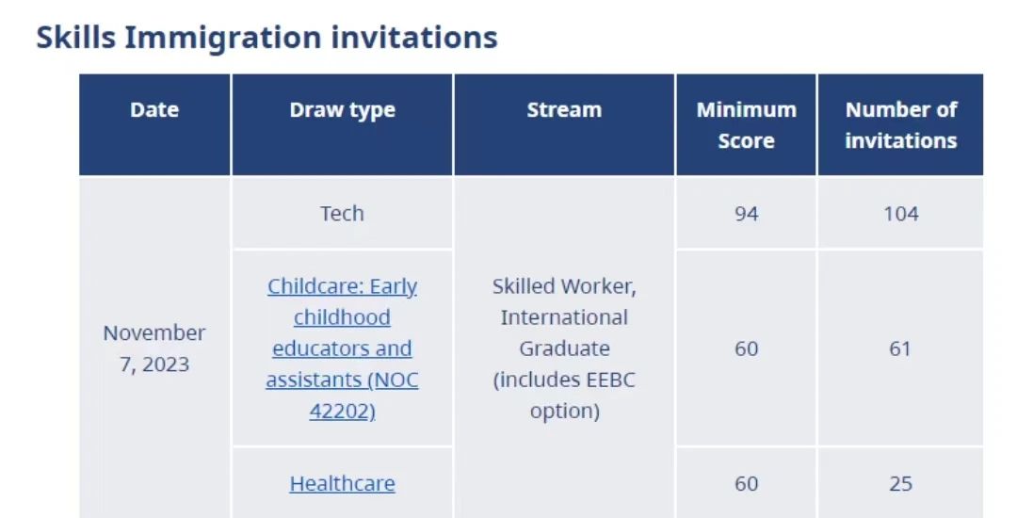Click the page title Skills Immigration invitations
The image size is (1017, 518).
click(x=266, y=38)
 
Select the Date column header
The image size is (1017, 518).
click(x=154, y=109)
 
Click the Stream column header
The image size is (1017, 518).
click(x=564, y=109)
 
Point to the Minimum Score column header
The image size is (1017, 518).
click(x=747, y=125)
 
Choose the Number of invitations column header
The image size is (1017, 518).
click(x=901, y=125)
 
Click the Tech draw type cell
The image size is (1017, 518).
click(x=342, y=213)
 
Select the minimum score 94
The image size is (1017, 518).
click(x=747, y=213)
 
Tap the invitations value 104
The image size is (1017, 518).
click(x=901, y=213)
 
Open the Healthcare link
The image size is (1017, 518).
click(x=343, y=484)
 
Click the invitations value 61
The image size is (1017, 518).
click(x=900, y=348)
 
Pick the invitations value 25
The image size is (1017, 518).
click(x=901, y=483)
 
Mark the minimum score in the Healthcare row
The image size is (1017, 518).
click(x=747, y=483)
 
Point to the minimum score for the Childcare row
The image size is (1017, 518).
click(x=747, y=348)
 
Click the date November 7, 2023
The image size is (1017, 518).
click(x=154, y=348)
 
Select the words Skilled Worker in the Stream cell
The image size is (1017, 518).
click(x=564, y=286)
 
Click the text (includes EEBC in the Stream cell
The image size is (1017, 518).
click(x=564, y=380)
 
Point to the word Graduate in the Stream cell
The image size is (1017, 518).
click(x=564, y=348)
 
